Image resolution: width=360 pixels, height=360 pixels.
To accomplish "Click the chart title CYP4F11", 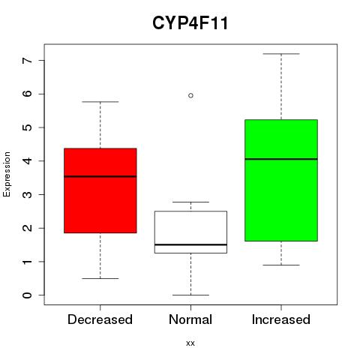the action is coord(190,23).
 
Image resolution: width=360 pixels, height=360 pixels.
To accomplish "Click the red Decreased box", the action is coord(100,190).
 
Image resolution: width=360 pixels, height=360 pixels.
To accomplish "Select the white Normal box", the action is coord(190,232).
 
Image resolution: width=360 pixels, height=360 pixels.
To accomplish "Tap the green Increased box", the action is coord(281,180).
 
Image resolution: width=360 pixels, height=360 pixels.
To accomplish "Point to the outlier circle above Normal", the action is coord(190,95).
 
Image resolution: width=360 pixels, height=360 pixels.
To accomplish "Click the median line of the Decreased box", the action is coord(100,176).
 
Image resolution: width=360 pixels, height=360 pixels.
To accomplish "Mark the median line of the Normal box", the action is coord(190,244).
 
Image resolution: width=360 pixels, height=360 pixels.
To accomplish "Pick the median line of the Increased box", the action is coord(281,159).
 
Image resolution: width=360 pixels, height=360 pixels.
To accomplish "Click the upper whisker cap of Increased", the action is coord(281,54).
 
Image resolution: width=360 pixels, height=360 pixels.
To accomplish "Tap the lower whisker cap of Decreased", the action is coord(100,278).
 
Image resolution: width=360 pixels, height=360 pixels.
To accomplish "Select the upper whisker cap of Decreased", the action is coord(100,102).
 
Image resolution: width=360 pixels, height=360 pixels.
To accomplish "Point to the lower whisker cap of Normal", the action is coord(190,295).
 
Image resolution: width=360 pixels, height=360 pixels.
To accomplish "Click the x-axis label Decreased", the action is coord(100,319).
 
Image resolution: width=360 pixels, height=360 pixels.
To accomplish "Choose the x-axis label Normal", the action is coord(190,319).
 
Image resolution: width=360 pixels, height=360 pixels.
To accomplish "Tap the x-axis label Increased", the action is coord(281,319).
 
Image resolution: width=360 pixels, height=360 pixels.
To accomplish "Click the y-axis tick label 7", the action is coord(27,60).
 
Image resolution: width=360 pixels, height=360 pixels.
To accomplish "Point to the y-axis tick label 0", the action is coord(27,295).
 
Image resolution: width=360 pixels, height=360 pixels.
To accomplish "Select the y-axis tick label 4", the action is coord(27,160).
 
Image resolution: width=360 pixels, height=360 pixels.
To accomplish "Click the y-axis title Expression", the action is coord(7,174).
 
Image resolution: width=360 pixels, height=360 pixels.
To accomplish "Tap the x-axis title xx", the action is coord(190,343).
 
